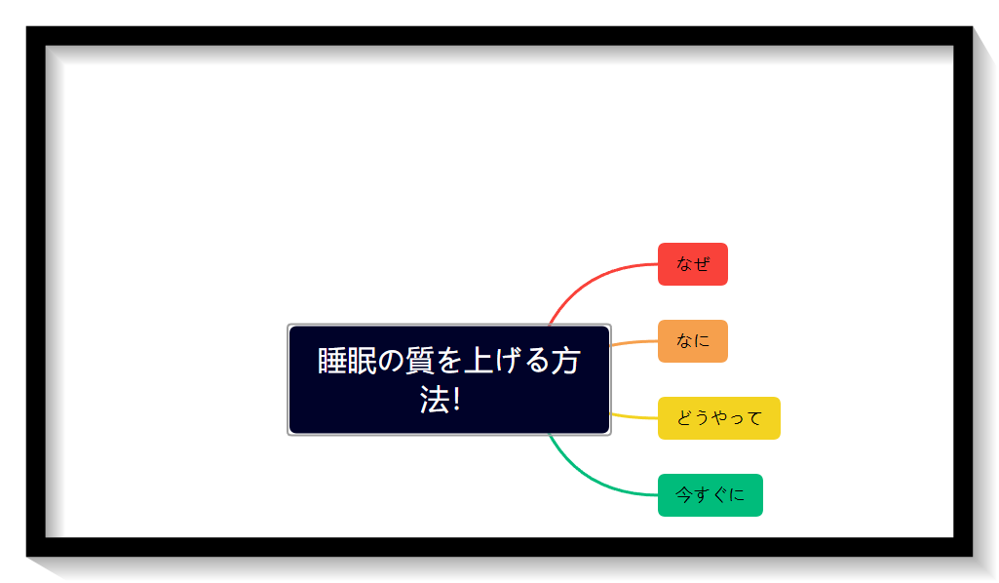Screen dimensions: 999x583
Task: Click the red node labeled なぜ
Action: click(x=693, y=264)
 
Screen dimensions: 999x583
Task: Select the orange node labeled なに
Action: click(x=693, y=341)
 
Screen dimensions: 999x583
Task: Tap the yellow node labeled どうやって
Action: click(x=718, y=418)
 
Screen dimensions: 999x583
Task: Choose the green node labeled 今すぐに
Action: click(x=711, y=495)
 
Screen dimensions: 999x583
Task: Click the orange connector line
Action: click(x=634, y=343)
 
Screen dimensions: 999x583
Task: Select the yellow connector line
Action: click(x=634, y=416)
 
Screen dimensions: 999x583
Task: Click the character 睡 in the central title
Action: click(x=332, y=361)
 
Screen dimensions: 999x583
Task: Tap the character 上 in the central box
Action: click(x=478, y=361)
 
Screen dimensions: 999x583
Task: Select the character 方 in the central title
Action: click(x=565, y=361)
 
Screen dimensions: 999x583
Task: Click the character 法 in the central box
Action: click(x=434, y=400)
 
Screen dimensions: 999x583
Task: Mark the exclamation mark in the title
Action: click(x=456, y=400)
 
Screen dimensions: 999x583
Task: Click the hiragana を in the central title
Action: click(x=448, y=362)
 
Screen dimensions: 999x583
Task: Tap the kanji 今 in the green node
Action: click(x=683, y=494)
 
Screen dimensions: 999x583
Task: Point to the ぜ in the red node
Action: click(x=702, y=263)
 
